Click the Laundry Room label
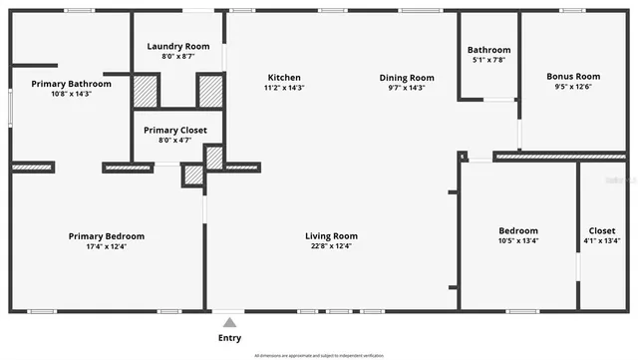pyautogui.click(x=177, y=47)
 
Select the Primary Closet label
pyautogui.click(x=175, y=130)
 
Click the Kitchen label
pyautogui.click(x=284, y=78)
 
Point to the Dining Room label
pyautogui.click(x=407, y=78)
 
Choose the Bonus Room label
pyautogui.click(x=573, y=77)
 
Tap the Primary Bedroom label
pyautogui.click(x=107, y=236)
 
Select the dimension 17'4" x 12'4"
pyautogui.click(x=107, y=246)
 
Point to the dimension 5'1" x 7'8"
pyautogui.click(x=488, y=60)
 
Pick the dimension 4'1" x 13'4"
pyautogui.click(x=602, y=240)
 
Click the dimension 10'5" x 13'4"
pyautogui.click(x=518, y=240)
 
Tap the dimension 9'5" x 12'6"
pyautogui.click(x=573, y=87)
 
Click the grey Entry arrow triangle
pyautogui.click(x=230, y=322)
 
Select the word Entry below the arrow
pyautogui.click(x=230, y=338)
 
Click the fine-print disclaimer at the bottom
pyautogui.click(x=319, y=354)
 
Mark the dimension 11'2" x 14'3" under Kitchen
pyautogui.click(x=284, y=88)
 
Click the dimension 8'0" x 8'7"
pyautogui.click(x=177, y=57)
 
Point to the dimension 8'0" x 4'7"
pyautogui.click(x=175, y=140)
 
